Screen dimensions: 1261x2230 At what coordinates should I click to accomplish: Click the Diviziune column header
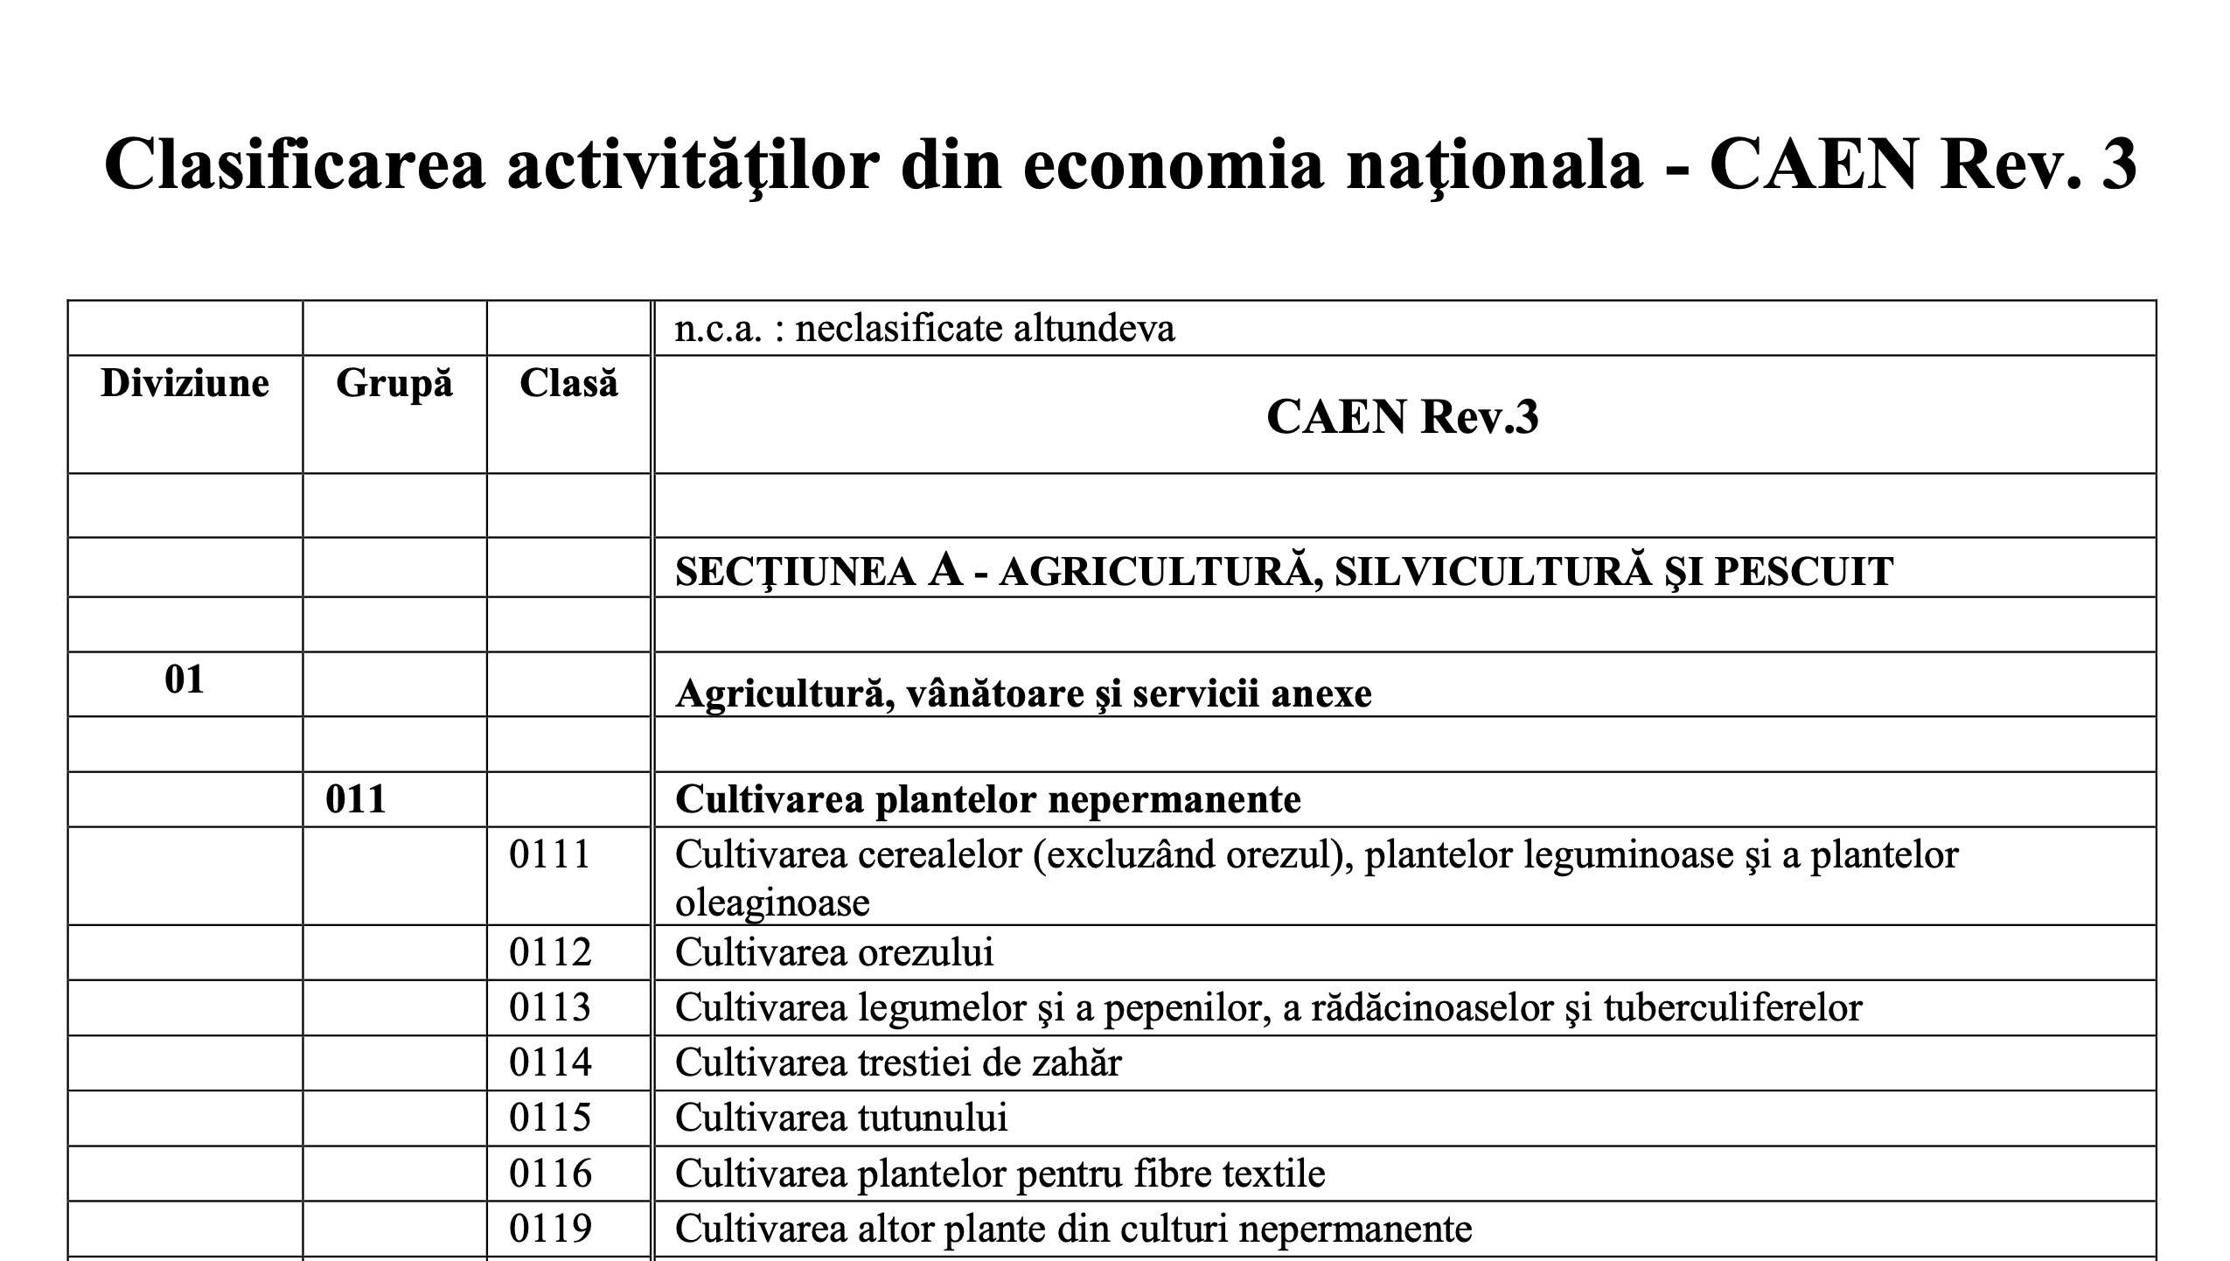tap(185, 384)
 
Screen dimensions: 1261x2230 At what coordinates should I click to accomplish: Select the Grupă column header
tap(394, 384)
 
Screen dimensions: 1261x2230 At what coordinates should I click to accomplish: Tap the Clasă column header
tap(568, 384)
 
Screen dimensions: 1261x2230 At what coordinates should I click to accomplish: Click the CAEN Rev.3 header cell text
tap(1402, 416)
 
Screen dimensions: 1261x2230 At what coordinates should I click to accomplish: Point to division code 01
tap(185, 679)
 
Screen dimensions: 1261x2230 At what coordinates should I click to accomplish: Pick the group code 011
tap(355, 799)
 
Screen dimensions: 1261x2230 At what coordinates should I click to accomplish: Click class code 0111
tap(550, 854)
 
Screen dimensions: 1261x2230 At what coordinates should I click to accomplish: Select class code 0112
tap(550, 951)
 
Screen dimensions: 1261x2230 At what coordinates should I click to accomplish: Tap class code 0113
tap(550, 1007)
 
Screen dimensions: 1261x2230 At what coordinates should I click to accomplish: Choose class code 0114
tap(550, 1062)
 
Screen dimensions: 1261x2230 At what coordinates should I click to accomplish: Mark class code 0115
tap(550, 1118)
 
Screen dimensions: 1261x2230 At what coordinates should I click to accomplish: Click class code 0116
tap(550, 1174)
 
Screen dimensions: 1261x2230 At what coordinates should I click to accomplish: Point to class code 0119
tap(550, 1229)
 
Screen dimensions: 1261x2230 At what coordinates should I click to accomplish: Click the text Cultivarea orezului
tap(834, 952)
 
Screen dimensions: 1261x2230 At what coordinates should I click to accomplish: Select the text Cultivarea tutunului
tap(840, 1118)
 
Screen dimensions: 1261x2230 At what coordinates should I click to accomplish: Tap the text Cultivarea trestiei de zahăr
tap(898, 1062)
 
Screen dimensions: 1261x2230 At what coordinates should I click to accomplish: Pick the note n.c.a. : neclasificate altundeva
tap(924, 329)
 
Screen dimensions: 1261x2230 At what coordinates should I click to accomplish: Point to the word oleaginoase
tap(772, 902)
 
